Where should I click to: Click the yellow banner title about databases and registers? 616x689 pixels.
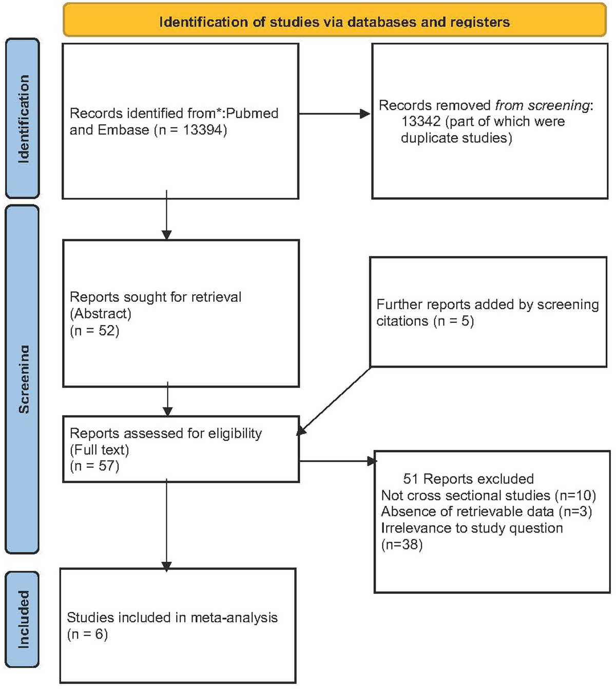[334, 22]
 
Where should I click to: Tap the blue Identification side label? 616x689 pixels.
[23, 119]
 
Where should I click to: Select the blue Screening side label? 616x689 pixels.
[23, 379]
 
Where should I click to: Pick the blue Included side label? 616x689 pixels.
[23, 619]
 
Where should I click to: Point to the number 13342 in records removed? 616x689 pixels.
[420, 122]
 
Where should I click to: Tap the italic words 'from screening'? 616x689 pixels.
[542, 105]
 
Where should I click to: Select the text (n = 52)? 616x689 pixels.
[94, 331]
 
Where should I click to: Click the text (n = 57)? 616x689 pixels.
[94, 466]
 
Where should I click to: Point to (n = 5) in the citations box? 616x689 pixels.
[453, 321]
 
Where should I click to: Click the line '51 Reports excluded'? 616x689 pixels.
[468, 479]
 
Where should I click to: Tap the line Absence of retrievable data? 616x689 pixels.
[467, 512]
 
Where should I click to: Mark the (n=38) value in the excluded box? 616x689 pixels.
[402, 545]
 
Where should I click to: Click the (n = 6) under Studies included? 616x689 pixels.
[87, 635]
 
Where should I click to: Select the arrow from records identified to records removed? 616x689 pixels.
[334, 114]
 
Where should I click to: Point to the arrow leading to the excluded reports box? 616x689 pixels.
[336, 462]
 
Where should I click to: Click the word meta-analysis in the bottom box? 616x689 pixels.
[234, 618]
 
